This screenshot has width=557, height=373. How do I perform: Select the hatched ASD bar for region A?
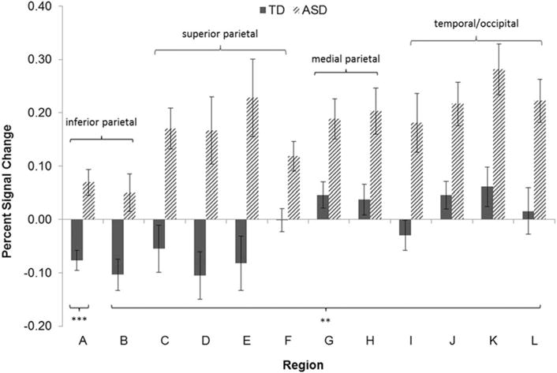click(x=89, y=201)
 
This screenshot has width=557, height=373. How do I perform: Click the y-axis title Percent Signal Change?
click(x=10, y=166)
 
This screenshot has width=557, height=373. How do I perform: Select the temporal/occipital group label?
click(x=477, y=24)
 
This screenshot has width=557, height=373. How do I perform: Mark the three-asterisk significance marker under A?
click(x=79, y=319)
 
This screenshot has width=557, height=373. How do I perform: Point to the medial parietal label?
click(x=346, y=58)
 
